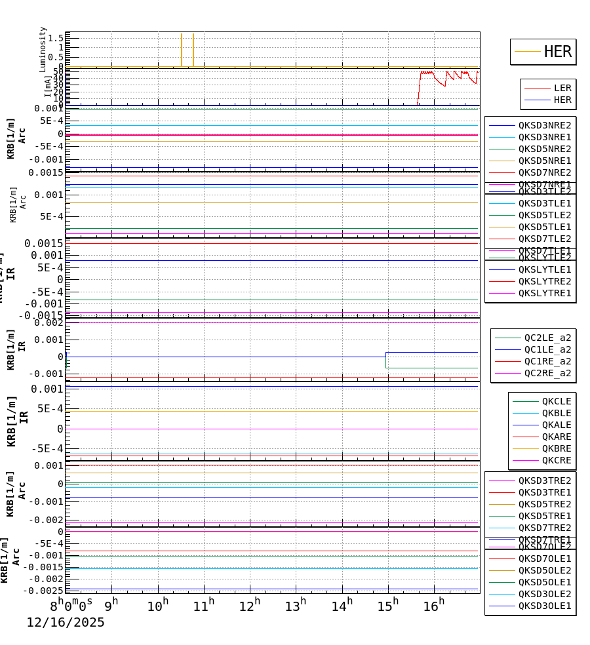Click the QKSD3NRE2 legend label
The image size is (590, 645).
(544, 125)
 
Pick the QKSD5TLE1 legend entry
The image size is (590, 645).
(544, 227)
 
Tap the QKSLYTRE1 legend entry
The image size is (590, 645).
(544, 293)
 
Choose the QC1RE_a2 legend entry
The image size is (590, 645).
(547, 361)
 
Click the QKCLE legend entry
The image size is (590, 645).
(556, 401)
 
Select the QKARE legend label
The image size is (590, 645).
(556, 437)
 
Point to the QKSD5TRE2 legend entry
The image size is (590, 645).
(544, 504)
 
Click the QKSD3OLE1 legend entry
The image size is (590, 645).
(544, 606)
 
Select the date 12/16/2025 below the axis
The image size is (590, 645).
(66, 623)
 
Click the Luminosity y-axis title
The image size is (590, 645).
(43, 49)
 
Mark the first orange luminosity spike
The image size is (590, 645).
(182, 50)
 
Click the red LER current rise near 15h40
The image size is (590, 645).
(420, 88)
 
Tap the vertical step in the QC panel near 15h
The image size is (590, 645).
(385, 360)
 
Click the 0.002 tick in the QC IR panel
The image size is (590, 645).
(49, 322)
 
